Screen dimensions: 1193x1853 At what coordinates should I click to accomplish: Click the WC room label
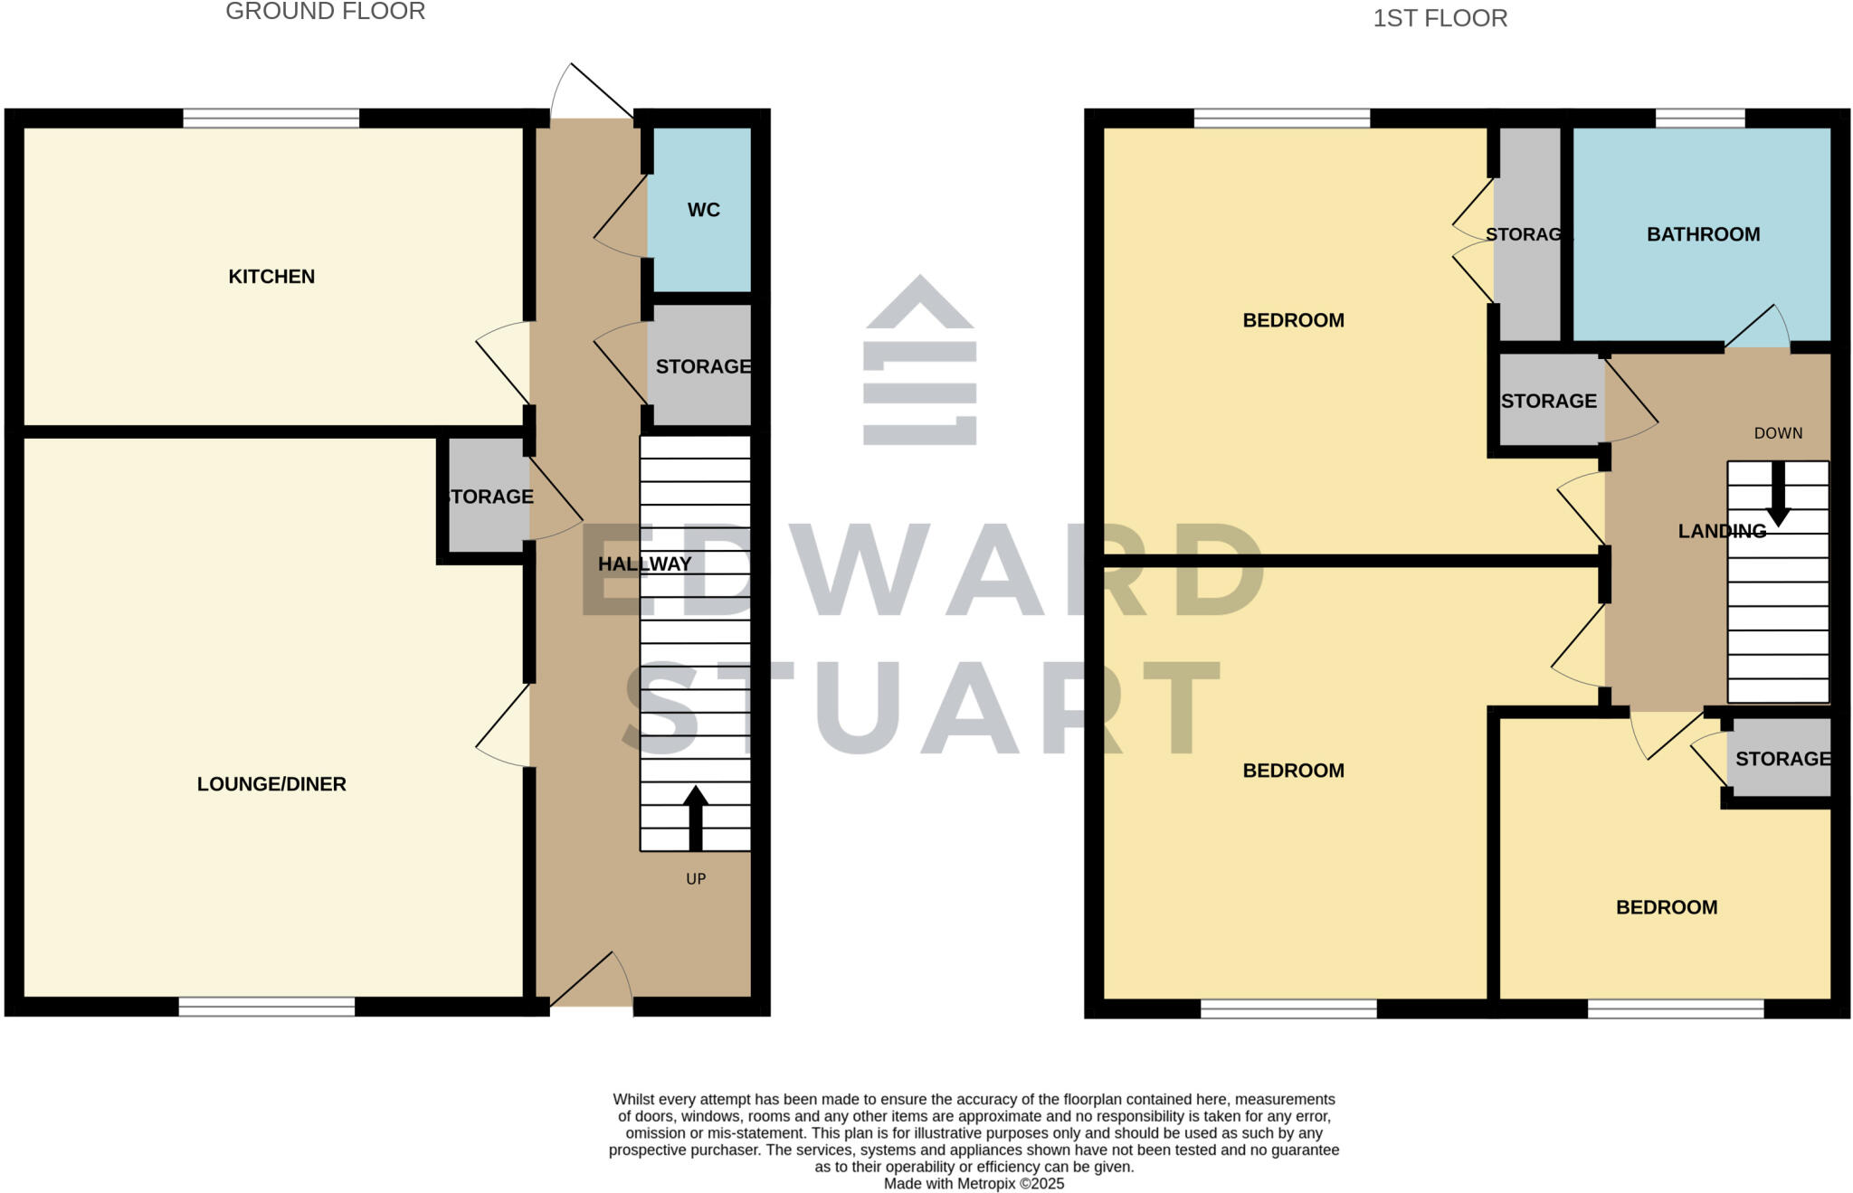pyautogui.click(x=703, y=210)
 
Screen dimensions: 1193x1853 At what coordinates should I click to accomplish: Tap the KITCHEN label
pyautogui.click(x=271, y=277)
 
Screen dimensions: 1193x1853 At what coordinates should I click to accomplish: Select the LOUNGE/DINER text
pyautogui.click(x=271, y=784)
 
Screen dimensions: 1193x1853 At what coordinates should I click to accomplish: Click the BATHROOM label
pyautogui.click(x=1703, y=235)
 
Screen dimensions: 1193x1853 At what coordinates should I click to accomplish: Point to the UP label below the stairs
pyautogui.click(x=696, y=879)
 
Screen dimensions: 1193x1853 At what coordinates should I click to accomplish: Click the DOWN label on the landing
pyautogui.click(x=1778, y=433)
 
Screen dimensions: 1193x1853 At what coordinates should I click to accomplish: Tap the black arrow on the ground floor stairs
pyautogui.click(x=695, y=818)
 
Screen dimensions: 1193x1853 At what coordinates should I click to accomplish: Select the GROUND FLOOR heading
pyautogui.click(x=325, y=12)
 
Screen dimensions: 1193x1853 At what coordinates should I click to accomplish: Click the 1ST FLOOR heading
pyautogui.click(x=1440, y=19)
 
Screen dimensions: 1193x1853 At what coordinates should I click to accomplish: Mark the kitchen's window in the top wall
pyautogui.click(x=271, y=118)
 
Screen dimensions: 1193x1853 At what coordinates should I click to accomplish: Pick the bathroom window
pyautogui.click(x=1699, y=118)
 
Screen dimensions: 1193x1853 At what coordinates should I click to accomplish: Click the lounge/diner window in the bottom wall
pyautogui.click(x=266, y=1007)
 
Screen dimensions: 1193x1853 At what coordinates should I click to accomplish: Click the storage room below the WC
pyautogui.click(x=702, y=366)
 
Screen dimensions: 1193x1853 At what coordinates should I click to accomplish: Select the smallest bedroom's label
pyautogui.click(x=1666, y=907)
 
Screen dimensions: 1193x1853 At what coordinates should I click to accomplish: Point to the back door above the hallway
pyautogui.click(x=592, y=90)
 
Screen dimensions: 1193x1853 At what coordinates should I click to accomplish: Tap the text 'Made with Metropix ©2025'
pyautogui.click(x=974, y=1184)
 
